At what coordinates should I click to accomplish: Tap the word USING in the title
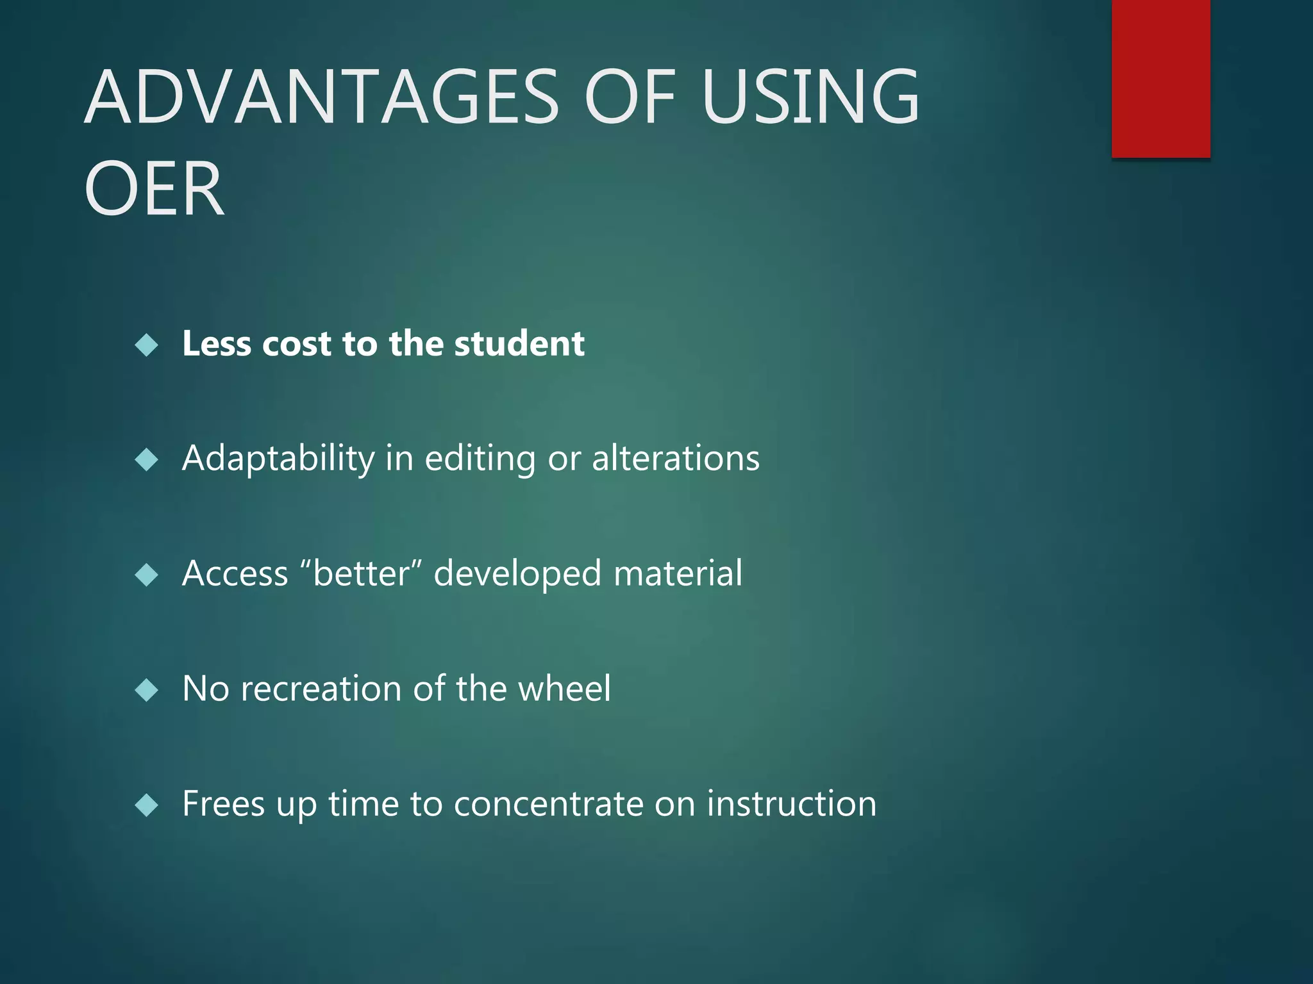pyautogui.click(x=810, y=97)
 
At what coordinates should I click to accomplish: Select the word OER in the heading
pyautogui.click(x=154, y=189)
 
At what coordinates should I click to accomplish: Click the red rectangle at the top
pyautogui.click(x=1160, y=78)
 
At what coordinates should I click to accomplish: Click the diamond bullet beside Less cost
pyautogui.click(x=147, y=345)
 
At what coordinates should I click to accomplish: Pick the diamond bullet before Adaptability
pyautogui.click(x=147, y=460)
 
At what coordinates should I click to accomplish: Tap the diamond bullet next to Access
pyautogui.click(x=147, y=575)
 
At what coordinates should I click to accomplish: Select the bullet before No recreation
pyautogui.click(x=147, y=690)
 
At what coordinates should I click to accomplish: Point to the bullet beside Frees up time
pyautogui.click(x=147, y=805)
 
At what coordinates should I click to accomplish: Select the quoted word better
pyautogui.click(x=361, y=573)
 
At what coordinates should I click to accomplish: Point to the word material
pyautogui.click(x=678, y=573)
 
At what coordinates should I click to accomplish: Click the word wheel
pyautogui.click(x=564, y=689)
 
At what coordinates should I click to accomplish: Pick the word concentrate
pyautogui.click(x=548, y=805)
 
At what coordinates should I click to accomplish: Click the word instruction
pyautogui.click(x=791, y=803)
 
